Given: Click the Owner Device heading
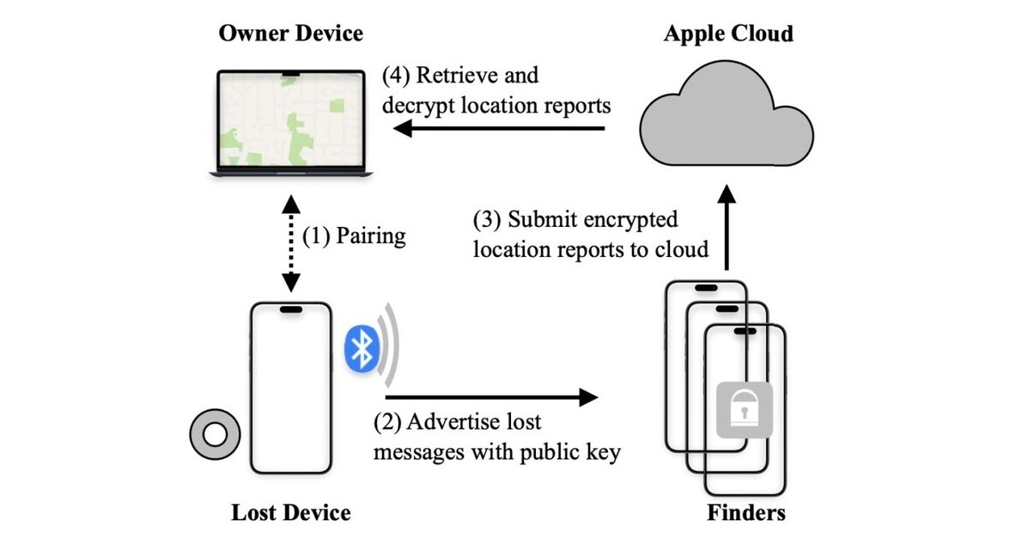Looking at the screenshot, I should pos(290,34).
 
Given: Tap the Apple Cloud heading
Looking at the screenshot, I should pos(727,34).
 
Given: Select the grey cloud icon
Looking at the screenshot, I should pos(727,115).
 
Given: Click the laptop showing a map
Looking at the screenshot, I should pos(289,125).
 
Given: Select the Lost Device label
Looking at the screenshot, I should pos(290,513).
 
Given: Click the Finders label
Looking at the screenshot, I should pos(745,513).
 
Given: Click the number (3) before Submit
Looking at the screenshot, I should pos(487,219).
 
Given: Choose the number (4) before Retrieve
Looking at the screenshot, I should pos(396,76).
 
